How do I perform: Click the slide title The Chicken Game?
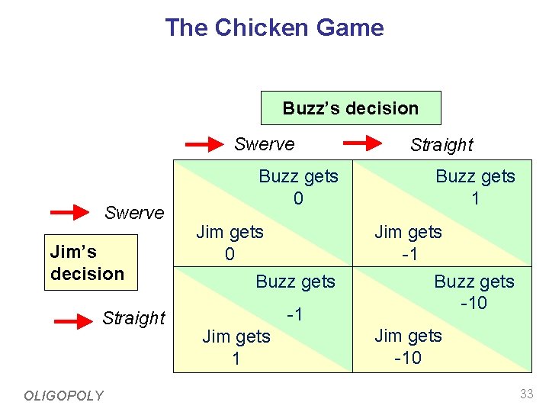click(274, 28)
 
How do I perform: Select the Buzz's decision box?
click(351, 108)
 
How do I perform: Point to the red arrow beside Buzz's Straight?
click(363, 143)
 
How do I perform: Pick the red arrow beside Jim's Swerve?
click(75, 212)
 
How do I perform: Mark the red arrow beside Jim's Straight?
click(74, 321)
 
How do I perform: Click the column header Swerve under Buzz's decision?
click(264, 144)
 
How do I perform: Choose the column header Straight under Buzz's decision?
click(441, 145)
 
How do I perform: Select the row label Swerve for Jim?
click(134, 213)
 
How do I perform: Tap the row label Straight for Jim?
click(133, 318)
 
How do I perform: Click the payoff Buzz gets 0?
click(298, 187)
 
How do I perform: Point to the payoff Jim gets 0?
click(230, 243)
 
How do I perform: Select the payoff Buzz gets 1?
click(475, 187)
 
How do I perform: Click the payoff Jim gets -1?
click(408, 243)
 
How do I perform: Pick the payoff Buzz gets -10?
click(474, 292)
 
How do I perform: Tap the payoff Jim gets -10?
click(408, 346)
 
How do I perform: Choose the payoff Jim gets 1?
click(236, 347)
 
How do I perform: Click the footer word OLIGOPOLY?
click(63, 395)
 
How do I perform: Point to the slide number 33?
click(526, 394)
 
